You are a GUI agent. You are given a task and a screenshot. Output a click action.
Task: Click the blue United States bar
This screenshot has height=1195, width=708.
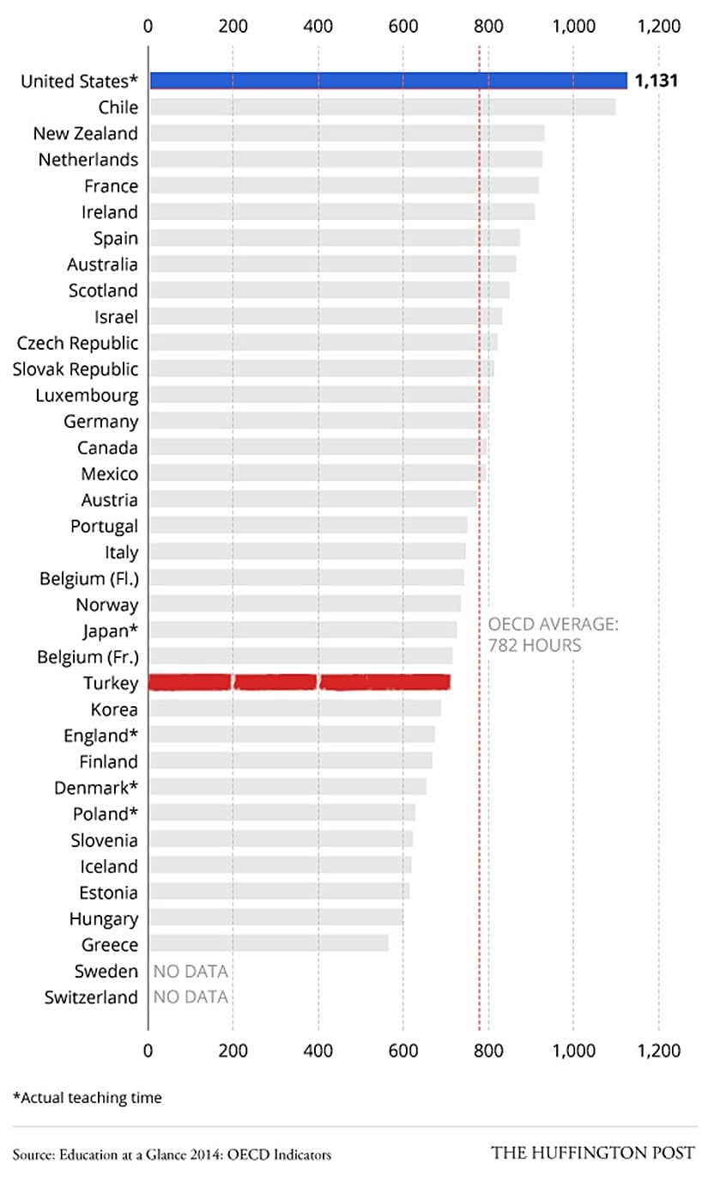click(388, 81)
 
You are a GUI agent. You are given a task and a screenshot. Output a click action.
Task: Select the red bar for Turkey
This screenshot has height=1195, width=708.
click(300, 683)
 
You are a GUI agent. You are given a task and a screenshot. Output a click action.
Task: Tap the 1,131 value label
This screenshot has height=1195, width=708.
click(657, 81)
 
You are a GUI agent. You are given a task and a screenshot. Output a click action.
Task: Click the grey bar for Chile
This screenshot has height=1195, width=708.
click(383, 107)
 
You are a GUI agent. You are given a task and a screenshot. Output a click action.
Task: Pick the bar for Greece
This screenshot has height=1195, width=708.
click(269, 944)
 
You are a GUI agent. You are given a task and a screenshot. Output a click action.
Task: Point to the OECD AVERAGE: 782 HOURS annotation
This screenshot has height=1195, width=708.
click(553, 635)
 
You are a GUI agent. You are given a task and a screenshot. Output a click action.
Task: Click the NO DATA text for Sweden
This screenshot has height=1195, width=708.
click(191, 971)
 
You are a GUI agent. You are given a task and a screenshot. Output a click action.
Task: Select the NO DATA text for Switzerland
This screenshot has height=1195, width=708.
click(191, 997)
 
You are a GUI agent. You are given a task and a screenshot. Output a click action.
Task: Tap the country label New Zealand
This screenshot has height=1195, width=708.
click(85, 133)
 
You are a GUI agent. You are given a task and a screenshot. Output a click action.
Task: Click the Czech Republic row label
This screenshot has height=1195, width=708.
click(77, 343)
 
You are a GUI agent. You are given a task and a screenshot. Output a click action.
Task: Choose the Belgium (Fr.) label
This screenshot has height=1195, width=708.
click(88, 657)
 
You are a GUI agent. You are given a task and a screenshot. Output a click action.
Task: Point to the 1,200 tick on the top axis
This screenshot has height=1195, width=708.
click(659, 26)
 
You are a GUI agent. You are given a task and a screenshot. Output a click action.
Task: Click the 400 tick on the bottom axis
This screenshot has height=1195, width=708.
click(318, 1051)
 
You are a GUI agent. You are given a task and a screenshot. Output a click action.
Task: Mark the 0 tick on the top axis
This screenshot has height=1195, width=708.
click(148, 26)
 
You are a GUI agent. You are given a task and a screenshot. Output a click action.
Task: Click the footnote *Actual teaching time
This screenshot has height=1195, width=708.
click(87, 1097)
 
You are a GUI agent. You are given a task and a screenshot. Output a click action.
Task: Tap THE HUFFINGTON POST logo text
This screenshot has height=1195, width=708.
click(592, 1153)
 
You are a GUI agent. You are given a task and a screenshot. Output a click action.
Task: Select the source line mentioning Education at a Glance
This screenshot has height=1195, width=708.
click(172, 1155)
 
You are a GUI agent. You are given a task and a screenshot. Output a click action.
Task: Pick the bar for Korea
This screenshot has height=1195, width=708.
click(295, 709)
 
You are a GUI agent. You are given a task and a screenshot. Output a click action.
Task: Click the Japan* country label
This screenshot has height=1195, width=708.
click(110, 631)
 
